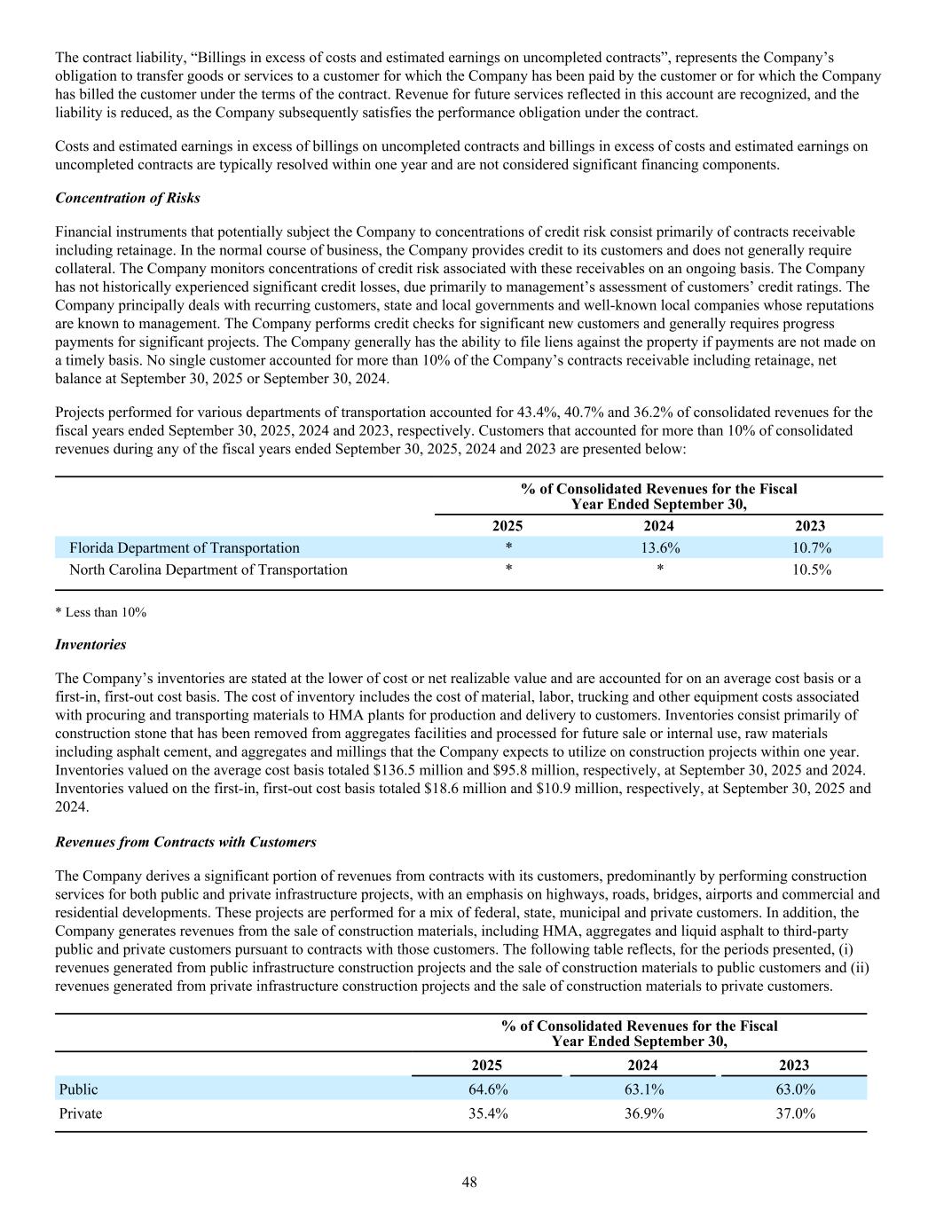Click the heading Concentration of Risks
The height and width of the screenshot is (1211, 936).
coord(128,198)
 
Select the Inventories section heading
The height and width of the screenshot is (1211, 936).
coord(90,645)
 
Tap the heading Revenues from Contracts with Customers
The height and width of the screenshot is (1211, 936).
coord(185,842)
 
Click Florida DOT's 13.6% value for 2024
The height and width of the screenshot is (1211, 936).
coord(660,548)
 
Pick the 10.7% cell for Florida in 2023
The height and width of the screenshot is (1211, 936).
coord(811,548)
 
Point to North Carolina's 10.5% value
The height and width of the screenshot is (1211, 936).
coord(811,570)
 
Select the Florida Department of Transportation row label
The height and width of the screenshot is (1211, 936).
coord(185,548)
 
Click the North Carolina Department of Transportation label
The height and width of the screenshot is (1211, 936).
coord(208,570)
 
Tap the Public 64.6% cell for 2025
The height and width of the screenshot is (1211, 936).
coord(488,1089)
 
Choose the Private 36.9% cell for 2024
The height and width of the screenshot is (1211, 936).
coord(643,1114)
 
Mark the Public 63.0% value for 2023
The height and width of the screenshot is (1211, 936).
coord(795,1089)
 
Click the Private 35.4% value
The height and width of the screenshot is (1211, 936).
coord(488,1114)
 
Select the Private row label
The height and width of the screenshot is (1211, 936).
coord(81,1114)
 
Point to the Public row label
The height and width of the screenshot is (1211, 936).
coord(79,1089)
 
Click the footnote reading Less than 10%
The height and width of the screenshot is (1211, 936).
coord(100,613)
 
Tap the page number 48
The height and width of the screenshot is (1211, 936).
coord(468,1182)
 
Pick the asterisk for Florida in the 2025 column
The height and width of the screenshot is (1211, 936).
coord(507,548)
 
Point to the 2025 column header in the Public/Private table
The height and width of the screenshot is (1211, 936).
coord(486,1066)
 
